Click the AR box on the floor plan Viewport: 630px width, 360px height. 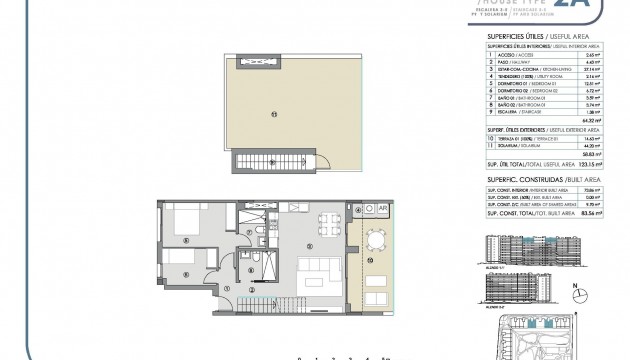(x=381, y=209)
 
